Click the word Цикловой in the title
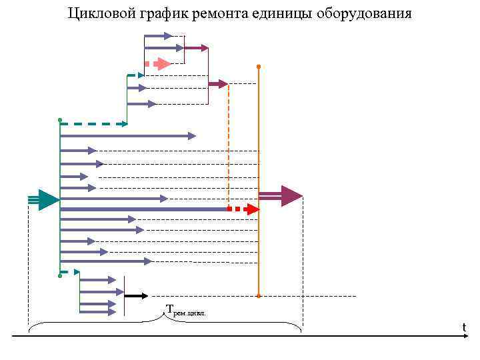(x=98, y=13)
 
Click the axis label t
(x=464, y=327)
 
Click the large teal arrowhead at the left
(x=48, y=199)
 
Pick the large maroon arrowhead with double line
(x=291, y=196)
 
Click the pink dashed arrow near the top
(x=160, y=64)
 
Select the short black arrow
(x=137, y=295)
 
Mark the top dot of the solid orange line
(x=258, y=67)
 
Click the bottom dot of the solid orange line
(x=258, y=295)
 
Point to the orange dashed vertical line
(x=229, y=147)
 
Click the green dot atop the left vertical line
(x=60, y=120)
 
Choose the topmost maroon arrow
(x=196, y=48)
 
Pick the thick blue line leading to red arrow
(x=143, y=209)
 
